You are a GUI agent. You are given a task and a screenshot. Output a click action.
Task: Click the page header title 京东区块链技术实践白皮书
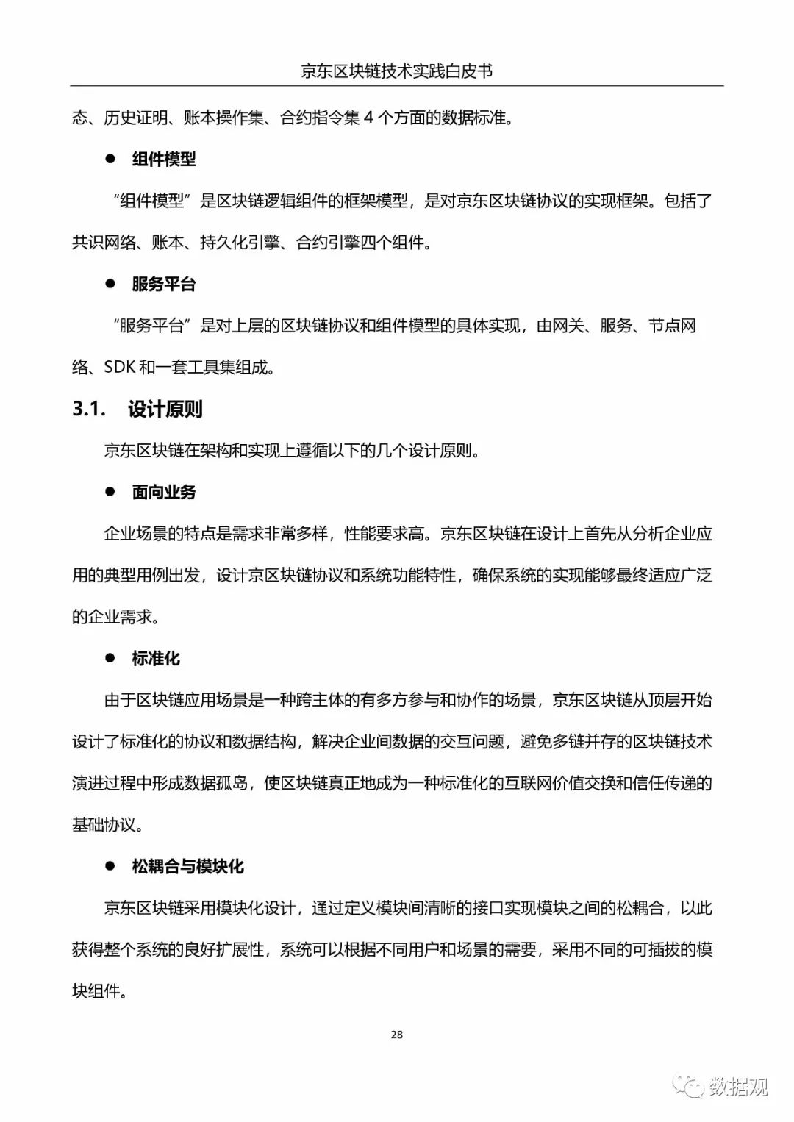396,71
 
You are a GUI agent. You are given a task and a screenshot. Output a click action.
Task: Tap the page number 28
397,1035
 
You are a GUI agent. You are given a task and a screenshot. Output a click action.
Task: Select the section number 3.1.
89,409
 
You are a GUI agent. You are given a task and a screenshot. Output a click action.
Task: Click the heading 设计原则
165,409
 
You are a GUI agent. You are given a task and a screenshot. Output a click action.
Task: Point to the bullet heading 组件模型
164,160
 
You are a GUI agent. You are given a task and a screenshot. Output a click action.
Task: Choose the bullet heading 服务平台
164,285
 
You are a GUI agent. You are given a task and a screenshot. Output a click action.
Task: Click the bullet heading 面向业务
164,493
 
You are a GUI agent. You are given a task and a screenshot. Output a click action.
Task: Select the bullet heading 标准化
156,659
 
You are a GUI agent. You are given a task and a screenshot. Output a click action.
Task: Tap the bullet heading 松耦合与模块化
187,867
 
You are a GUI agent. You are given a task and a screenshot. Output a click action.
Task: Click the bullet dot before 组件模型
110,159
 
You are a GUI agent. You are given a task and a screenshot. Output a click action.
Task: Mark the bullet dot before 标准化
110,658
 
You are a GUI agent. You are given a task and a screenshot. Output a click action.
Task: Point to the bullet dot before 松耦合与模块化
110,866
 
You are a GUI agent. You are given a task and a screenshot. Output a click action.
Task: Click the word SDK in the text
120,368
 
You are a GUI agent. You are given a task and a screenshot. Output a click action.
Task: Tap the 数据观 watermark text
738,1086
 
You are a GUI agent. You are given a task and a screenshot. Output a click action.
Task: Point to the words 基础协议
104,825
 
